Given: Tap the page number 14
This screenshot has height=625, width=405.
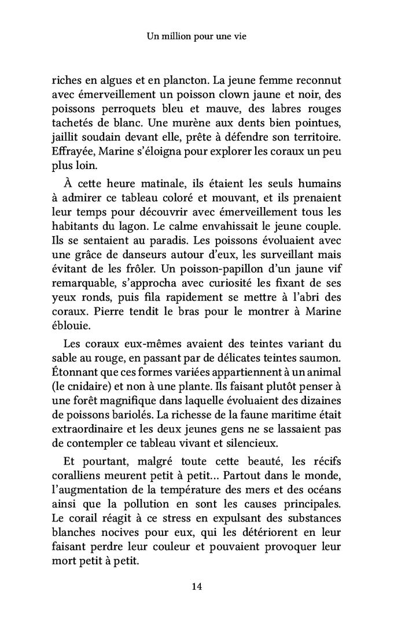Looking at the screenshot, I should (x=197, y=586).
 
